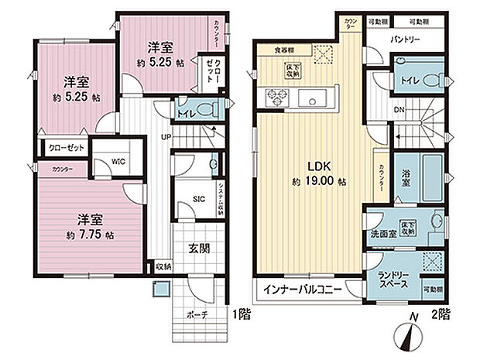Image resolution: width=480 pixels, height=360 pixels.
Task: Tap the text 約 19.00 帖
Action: point(317,180)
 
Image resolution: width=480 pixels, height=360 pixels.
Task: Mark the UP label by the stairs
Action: point(165,137)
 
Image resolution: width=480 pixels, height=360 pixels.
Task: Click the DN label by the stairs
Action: point(399,110)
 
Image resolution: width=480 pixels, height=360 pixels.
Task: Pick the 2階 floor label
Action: point(441,315)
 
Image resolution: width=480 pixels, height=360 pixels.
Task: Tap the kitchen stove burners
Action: point(277,97)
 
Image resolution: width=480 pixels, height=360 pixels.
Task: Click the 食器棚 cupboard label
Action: point(283,50)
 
